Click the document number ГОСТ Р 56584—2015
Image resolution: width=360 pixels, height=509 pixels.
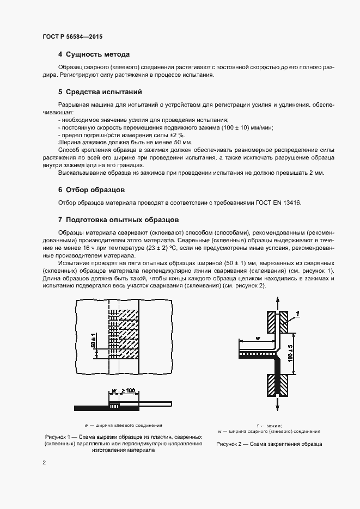[x=72, y=36]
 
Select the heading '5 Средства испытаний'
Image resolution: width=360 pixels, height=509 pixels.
[x=100, y=91]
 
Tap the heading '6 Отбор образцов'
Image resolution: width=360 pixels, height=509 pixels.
[x=91, y=190]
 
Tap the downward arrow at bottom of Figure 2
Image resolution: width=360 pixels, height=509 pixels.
[x=279, y=401]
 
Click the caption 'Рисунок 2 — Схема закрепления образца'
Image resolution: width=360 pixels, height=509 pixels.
[x=269, y=444]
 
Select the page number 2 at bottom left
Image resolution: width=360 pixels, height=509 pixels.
[x=44, y=462]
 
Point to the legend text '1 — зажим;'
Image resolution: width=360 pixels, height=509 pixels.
[x=269, y=425]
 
